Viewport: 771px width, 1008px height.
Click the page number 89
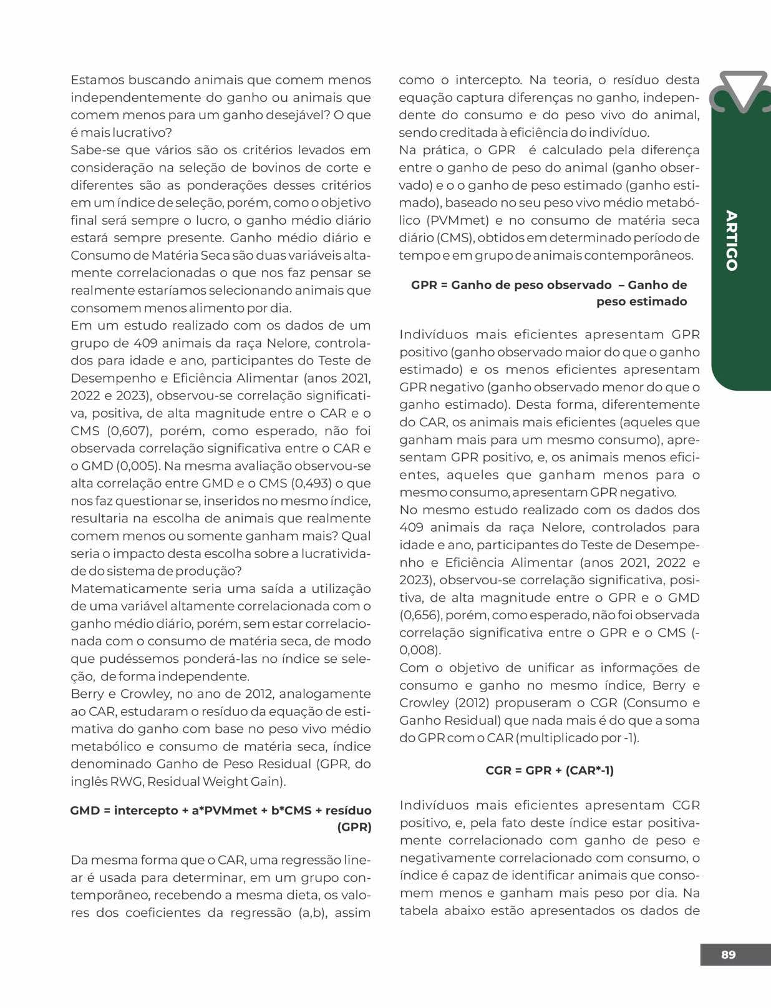(728, 954)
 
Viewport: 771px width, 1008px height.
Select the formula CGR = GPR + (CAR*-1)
(550, 770)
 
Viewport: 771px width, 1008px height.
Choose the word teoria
(566, 80)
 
